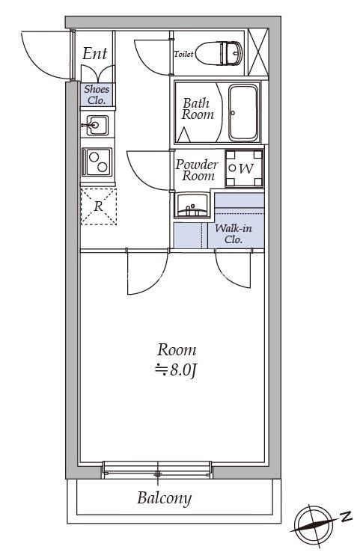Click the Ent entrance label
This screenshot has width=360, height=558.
[95, 53]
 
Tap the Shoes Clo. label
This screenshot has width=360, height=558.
[97, 94]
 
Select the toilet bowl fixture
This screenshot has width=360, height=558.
[219, 53]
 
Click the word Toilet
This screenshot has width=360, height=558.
[183, 54]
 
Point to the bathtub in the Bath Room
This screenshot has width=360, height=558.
[243, 113]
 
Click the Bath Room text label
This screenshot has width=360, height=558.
[198, 108]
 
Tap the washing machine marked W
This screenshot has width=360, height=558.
[244, 168]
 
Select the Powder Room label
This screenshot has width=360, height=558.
[196, 170]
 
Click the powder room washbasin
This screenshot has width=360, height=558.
[192, 205]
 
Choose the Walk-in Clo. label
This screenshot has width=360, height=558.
[234, 233]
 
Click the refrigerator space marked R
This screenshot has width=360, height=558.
[99, 206]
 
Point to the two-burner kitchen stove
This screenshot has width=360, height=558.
[97, 162]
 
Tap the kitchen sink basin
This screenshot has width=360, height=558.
[97, 125]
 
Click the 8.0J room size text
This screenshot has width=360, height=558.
[176, 370]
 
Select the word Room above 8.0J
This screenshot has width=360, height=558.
[177, 350]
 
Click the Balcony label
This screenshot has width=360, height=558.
[165, 498]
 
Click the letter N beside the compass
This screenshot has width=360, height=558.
[345, 516]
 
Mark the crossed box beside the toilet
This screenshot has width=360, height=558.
[257, 52]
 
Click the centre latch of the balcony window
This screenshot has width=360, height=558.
[157, 474]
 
